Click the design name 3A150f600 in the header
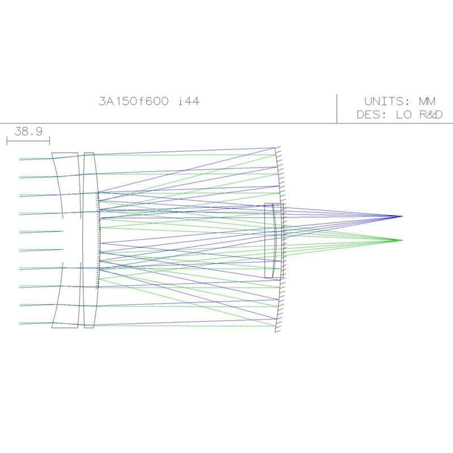[134, 102]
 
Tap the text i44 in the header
[189, 102]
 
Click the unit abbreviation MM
[427, 102]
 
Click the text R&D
[430, 115]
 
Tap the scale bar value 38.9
[28, 131]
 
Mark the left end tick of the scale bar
[7, 140]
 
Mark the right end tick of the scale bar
[50, 140]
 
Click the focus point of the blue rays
[402, 216]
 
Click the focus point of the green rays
[402, 240]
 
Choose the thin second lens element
[89, 240]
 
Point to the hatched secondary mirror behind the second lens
[100, 240]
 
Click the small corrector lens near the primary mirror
[273, 240]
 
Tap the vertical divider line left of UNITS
[337, 108]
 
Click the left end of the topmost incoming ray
[20, 159]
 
